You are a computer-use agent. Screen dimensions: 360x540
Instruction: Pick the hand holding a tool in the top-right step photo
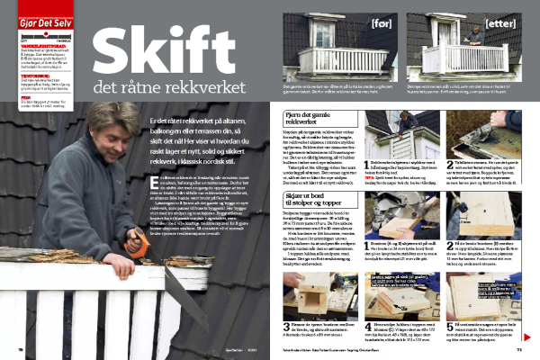tap(512, 122)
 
